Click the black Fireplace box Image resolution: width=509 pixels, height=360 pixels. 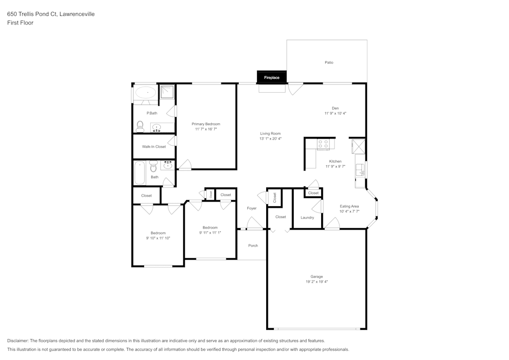[272, 77]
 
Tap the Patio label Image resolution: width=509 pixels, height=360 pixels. [329, 62]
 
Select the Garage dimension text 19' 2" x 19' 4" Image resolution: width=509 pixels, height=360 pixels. [317, 282]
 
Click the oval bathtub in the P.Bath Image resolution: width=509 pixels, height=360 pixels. [146, 93]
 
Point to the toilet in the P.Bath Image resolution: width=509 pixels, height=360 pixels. [140, 127]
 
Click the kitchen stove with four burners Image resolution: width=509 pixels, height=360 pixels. [323, 144]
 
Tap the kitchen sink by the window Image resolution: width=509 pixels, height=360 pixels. [360, 170]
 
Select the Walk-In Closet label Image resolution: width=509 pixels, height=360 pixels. [154, 147]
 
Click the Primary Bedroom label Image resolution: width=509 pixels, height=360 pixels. [206, 124]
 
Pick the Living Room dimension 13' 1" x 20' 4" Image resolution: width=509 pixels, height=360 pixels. [270, 139]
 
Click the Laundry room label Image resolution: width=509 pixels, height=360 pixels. [307, 217]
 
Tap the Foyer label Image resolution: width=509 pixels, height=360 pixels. [251, 208]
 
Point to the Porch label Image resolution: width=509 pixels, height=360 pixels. [253, 246]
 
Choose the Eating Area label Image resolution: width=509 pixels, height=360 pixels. [349, 206]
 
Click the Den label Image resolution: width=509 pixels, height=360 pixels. [335, 108]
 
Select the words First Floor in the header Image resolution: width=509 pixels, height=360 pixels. [20, 23]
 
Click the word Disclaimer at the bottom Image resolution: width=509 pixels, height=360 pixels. [17, 341]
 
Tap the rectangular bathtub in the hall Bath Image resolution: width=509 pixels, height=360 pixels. [139, 173]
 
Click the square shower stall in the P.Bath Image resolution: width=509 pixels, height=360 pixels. [167, 92]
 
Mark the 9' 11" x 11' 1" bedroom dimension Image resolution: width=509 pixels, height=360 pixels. [210, 232]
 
